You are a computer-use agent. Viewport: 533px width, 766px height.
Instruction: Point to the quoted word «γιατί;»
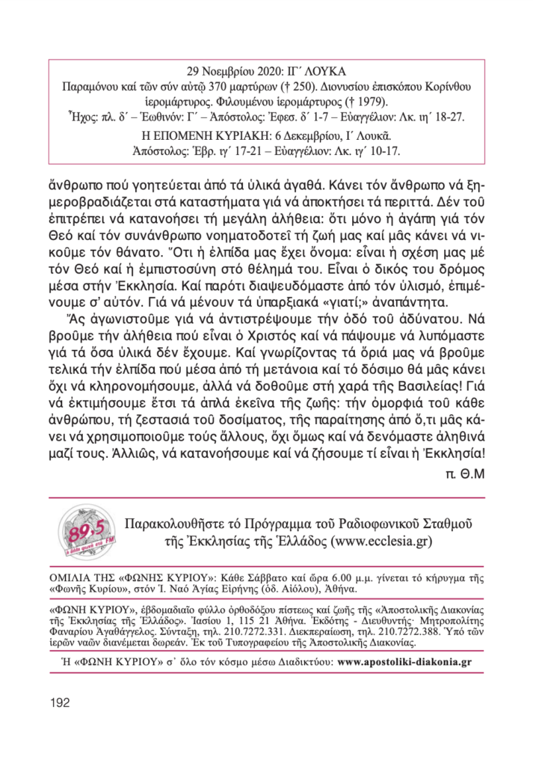tap(342, 302)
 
